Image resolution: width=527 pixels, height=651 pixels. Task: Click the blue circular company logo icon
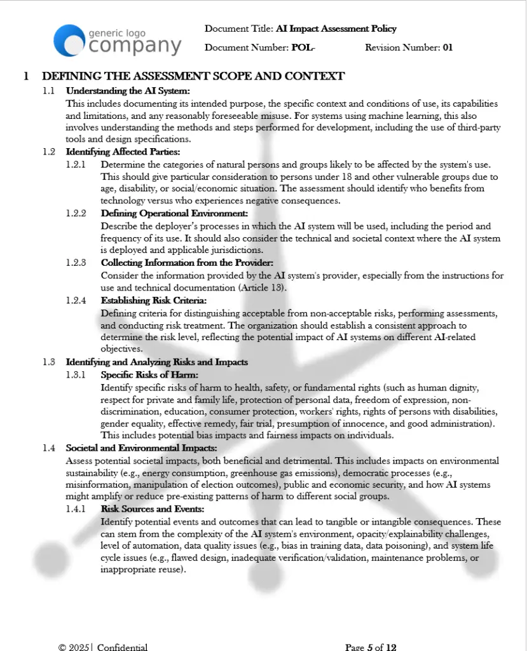click(x=69, y=40)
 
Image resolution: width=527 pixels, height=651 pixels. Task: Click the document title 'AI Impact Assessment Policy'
click(x=336, y=29)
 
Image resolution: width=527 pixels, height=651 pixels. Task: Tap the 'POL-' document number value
click(x=303, y=48)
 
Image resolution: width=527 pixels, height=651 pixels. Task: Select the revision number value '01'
click(x=448, y=48)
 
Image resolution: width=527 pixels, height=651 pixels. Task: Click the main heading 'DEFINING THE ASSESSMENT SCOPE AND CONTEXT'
click(x=193, y=76)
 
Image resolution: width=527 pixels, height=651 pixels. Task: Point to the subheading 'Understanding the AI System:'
click(x=123, y=91)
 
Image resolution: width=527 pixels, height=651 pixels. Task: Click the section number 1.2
click(x=49, y=151)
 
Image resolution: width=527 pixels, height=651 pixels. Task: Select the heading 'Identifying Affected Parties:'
click(x=123, y=151)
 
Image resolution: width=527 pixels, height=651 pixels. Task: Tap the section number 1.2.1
click(x=76, y=164)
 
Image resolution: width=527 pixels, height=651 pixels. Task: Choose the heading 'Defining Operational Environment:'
click(x=174, y=214)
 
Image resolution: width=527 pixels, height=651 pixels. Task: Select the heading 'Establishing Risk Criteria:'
click(x=153, y=301)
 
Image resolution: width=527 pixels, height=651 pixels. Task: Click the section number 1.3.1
click(x=76, y=374)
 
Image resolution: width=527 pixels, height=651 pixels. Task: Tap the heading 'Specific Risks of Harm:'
click(x=149, y=374)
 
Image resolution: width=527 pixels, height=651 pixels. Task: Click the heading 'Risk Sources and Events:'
click(x=152, y=509)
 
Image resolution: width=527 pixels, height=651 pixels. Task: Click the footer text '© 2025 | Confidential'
click(x=102, y=647)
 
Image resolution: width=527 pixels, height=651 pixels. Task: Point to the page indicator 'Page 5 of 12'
click(x=371, y=647)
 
